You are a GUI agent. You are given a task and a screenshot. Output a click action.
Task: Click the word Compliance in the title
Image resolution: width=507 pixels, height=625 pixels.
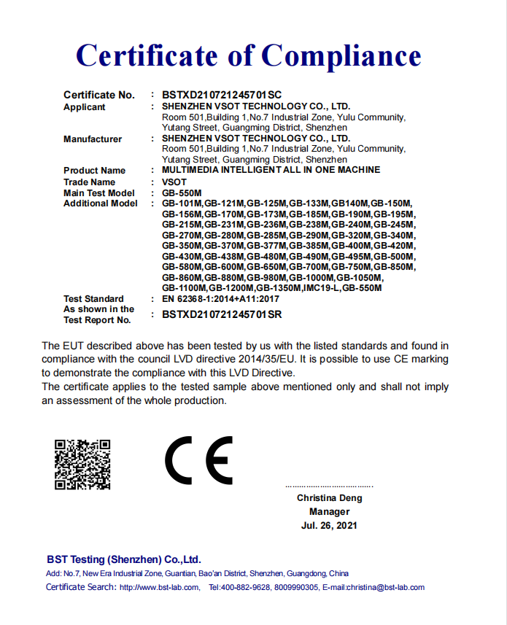coord(341,56)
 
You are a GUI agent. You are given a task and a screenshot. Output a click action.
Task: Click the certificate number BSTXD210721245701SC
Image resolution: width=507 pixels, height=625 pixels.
coord(222,95)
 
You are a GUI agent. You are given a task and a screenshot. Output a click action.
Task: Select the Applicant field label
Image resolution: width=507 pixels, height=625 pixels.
coord(84,107)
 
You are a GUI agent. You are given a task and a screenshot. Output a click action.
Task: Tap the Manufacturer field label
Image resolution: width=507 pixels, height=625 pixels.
coord(93,139)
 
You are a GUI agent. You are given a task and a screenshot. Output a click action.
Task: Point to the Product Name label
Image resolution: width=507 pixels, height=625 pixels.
coord(94,171)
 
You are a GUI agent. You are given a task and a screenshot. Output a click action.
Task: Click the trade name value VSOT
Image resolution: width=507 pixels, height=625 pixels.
coord(174,182)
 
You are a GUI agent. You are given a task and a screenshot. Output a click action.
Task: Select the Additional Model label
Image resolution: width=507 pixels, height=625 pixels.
coord(100,203)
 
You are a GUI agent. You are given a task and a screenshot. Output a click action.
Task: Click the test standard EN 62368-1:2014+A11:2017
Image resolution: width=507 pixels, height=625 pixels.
coord(220,298)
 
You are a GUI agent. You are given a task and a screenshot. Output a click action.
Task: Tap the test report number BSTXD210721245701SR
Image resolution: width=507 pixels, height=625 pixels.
coord(222,314)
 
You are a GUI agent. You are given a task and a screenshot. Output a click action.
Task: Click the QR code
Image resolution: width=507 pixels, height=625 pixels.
coord(82,464)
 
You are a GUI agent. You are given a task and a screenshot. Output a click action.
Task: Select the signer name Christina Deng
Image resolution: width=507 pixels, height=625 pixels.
coord(329,498)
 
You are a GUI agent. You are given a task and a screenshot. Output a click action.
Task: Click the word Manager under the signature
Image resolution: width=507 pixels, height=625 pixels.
coord(329,512)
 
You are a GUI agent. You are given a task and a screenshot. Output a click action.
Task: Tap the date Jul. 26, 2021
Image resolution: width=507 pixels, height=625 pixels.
coord(329,526)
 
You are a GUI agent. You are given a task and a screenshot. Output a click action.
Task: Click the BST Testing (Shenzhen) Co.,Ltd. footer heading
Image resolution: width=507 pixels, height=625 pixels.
coord(123,559)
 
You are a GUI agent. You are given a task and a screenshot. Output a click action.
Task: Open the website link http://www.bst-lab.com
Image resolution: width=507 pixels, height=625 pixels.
coord(159,587)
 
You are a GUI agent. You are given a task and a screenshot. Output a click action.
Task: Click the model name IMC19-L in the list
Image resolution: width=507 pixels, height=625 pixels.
coord(320,288)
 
